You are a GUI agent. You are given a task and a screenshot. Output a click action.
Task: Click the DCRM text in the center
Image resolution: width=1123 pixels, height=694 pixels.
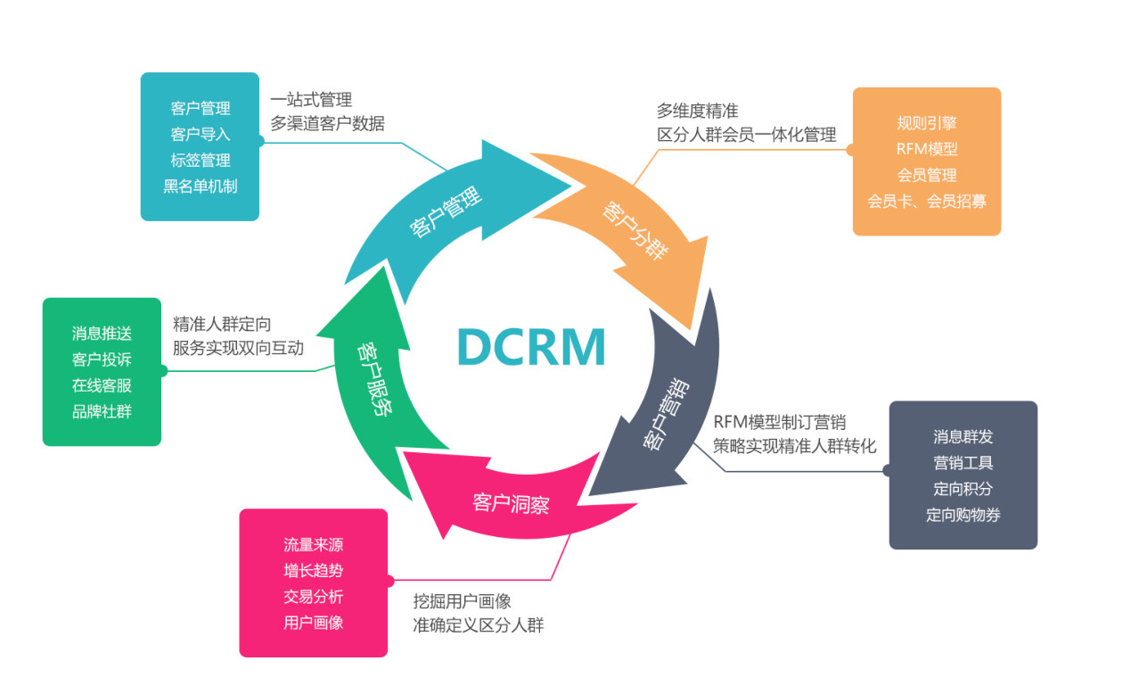pyautogui.click(x=531, y=346)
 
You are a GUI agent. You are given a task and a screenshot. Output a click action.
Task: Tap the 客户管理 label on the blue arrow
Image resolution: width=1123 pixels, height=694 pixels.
pyautogui.click(x=446, y=213)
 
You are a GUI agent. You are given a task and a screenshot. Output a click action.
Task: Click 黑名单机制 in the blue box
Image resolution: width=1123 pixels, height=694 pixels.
pyautogui.click(x=201, y=186)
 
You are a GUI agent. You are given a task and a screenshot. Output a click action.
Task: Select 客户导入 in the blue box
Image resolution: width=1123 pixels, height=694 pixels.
pyautogui.click(x=201, y=134)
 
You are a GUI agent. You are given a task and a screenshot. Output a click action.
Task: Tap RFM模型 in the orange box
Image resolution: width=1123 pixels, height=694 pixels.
pyautogui.click(x=927, y=149)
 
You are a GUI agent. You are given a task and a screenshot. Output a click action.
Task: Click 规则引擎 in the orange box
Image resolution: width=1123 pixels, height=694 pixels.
pyautogui.click(x=927, y=123)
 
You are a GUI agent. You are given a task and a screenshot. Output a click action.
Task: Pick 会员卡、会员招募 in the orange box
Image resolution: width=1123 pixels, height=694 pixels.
pyautogui.click(x=927, y=201)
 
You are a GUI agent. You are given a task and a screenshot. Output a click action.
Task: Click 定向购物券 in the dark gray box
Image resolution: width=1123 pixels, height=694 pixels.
pyautogui.click(x=963, y=515)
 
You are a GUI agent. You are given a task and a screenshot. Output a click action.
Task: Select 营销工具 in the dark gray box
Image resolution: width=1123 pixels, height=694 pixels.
pyautogui.click(x=963, y=463)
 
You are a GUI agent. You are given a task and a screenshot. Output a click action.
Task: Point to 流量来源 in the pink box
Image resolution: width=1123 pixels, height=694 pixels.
pyautogui.click(x=313, y=545)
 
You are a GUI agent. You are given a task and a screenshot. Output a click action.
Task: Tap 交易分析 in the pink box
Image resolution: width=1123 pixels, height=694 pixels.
pyautogui.click(x=313, y=597)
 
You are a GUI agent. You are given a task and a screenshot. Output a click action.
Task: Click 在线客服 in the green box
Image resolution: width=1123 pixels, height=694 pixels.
pyautogui.click(x=102, y=385)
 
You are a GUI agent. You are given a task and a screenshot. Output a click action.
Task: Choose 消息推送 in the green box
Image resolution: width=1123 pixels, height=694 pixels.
pyautogui.click(x=102, y=334)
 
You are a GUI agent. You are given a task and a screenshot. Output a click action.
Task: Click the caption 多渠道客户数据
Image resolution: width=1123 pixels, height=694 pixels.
pyautogui.click(x=328, y=124)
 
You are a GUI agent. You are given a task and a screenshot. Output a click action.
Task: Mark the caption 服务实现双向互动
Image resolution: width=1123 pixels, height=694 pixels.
pyautogui.click(x=238, y=348)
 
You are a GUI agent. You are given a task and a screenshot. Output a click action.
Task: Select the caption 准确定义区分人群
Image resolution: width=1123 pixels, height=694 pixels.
pyautogui.click(x=478, y=625)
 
